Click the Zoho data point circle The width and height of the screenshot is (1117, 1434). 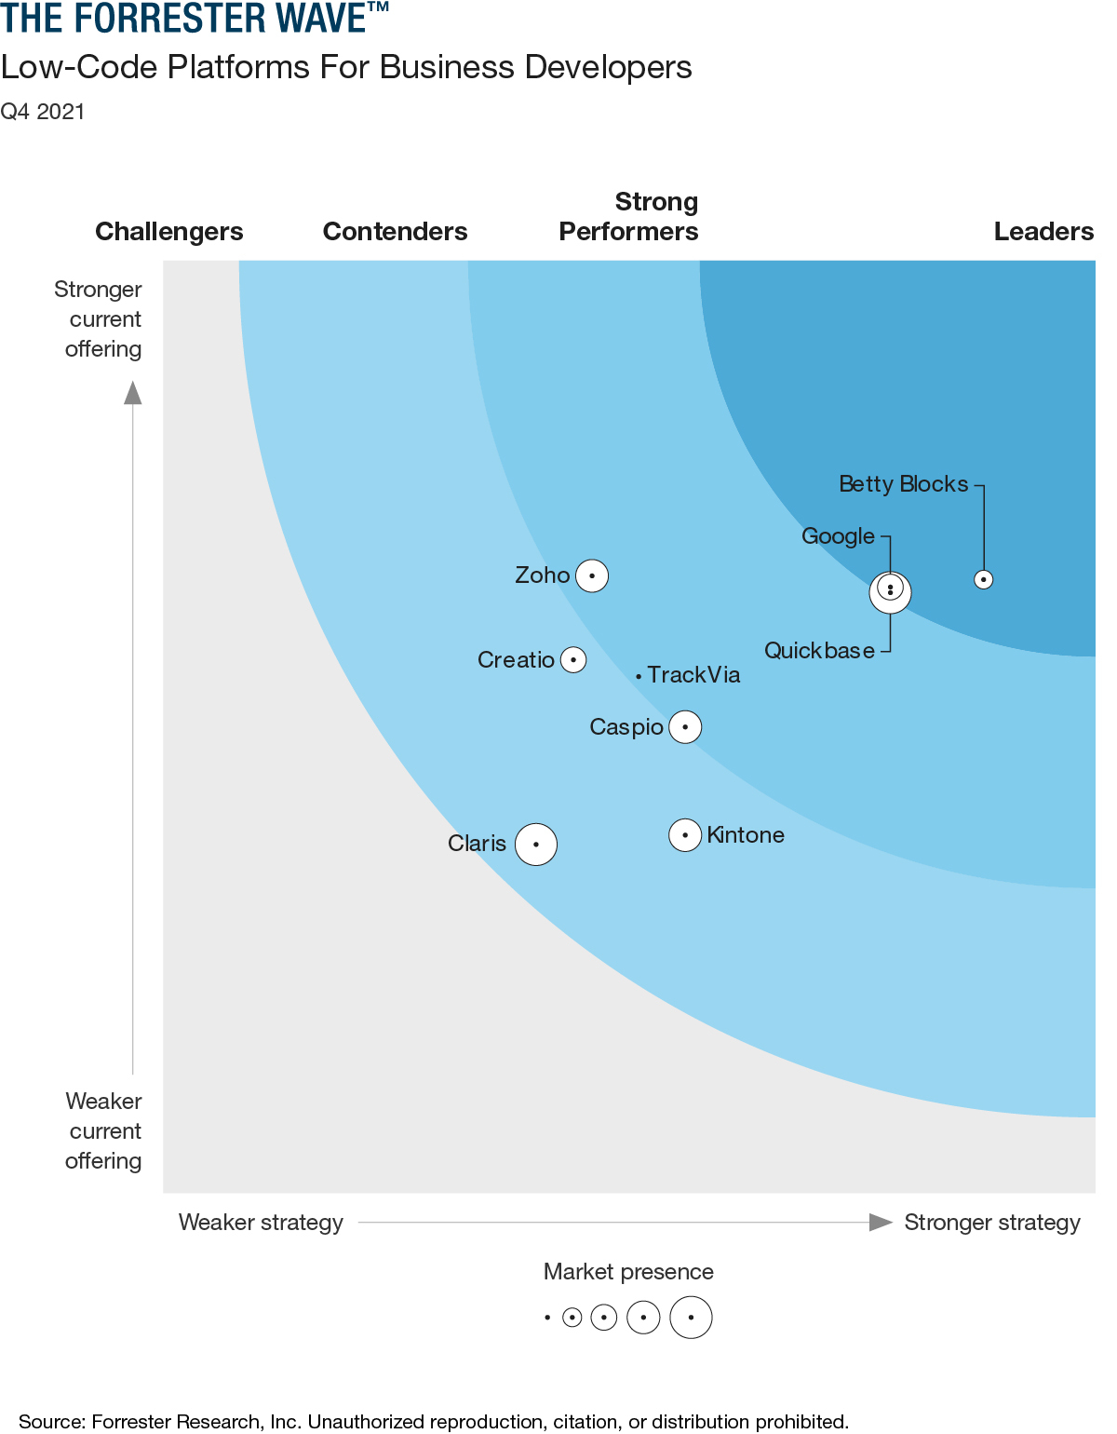pyautogui.click(x=592, y=575)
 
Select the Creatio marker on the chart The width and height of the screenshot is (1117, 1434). pyautogui.click(x=573, y=660)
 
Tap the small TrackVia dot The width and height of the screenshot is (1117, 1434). pyautogui.click(x=639, y=676)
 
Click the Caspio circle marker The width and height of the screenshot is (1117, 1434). pyautogui.click(x=685, y=727)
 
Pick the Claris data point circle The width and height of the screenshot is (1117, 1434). pyautogui.click(x=536, y=845)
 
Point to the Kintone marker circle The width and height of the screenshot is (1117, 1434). pyautogui.click(x=685, y=835)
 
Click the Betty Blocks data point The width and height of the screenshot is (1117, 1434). pyautogui.click(x=983, y=579)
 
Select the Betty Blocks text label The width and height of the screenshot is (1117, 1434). pyautogui.click(x=903, y=484)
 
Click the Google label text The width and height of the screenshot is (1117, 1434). pyautogui.click(x=838, y=536)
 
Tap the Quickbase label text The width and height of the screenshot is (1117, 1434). pyautogui.click(x=819, y=651)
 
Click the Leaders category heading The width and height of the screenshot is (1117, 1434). pyautogui.click(x=1043, y=232)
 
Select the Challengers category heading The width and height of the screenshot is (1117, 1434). pyautogui.click(x=169, y=232)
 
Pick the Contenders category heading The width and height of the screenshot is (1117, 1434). pyautogui.click(x=395, y=232)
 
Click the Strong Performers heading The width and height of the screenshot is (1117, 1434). pyautogui.click(x=629, y=217)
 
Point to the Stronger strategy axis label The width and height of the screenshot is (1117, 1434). pyautogui.click(x=992, y=1223)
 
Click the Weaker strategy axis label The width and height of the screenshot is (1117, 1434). pyautogui.click(x=261, y=1223)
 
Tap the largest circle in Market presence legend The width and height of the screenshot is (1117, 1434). pyautogui.click(x=691, y=1318)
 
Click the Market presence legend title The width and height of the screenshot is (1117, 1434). pyautogui.click(x=628, y=1272)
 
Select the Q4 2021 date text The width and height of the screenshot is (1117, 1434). pyautogui.click(x=43, y=112)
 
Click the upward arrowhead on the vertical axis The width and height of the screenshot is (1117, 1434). pyautogui.click(x=133, y=393)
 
